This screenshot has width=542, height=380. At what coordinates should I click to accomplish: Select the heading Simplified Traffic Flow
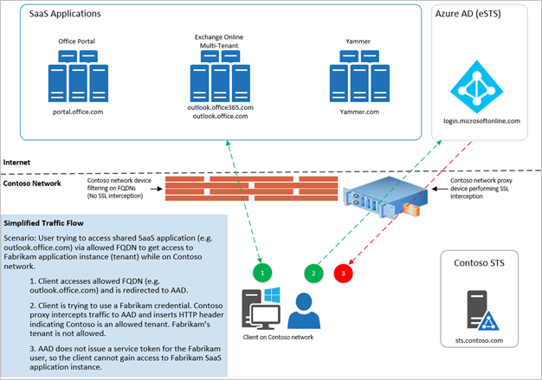pos(51,222)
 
